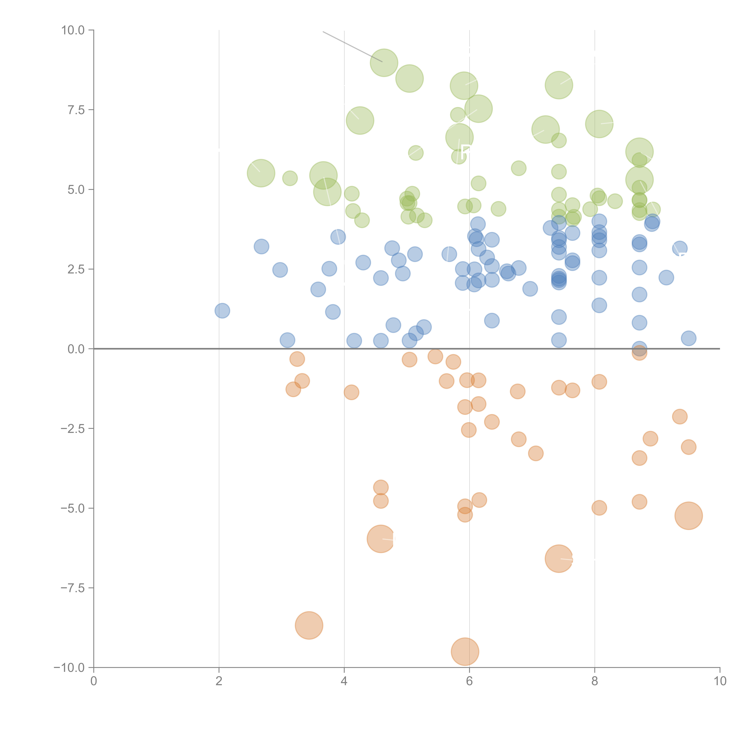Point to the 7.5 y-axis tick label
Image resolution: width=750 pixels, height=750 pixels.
tap(76, 110)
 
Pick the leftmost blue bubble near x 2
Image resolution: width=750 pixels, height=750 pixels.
tap(222, 310)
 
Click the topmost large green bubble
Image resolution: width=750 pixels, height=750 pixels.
tap(384, 63)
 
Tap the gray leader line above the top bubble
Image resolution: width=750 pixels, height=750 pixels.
tap(351, 46)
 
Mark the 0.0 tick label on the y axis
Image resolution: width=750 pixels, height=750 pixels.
tap(76, 349)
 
